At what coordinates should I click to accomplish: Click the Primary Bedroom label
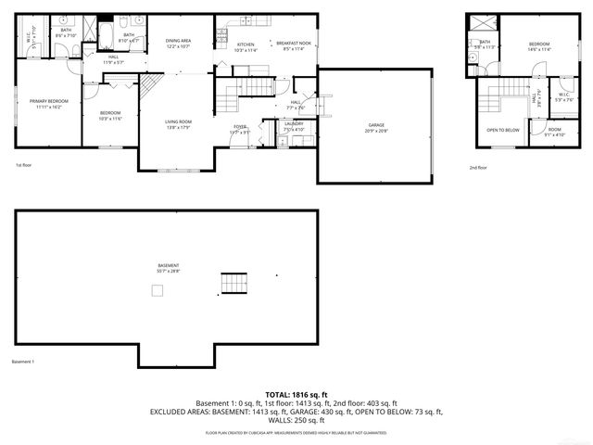44,104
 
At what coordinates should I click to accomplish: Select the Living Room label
178,124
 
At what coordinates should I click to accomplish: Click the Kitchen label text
246,46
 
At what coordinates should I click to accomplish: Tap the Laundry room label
294,126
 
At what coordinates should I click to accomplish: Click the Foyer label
239,129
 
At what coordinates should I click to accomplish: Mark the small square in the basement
158,291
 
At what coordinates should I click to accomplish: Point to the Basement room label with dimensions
168,269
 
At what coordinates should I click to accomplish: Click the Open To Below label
502,130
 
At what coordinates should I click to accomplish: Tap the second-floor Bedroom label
539,46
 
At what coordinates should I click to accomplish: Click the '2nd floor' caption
478,167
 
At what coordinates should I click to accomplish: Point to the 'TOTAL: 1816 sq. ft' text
296,394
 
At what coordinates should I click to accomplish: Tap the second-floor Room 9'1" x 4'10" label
554,132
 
